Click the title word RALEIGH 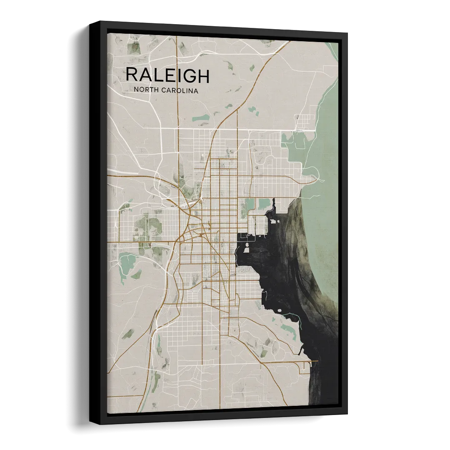coord(167,75)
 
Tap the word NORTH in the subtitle coord(147,90)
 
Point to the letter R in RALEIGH coord(131,75)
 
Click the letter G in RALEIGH coord(189,75)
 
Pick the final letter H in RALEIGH coord(203,75)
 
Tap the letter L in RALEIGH coord(158,75)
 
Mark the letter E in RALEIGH coord(169,75)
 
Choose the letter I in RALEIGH coord(178,75)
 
